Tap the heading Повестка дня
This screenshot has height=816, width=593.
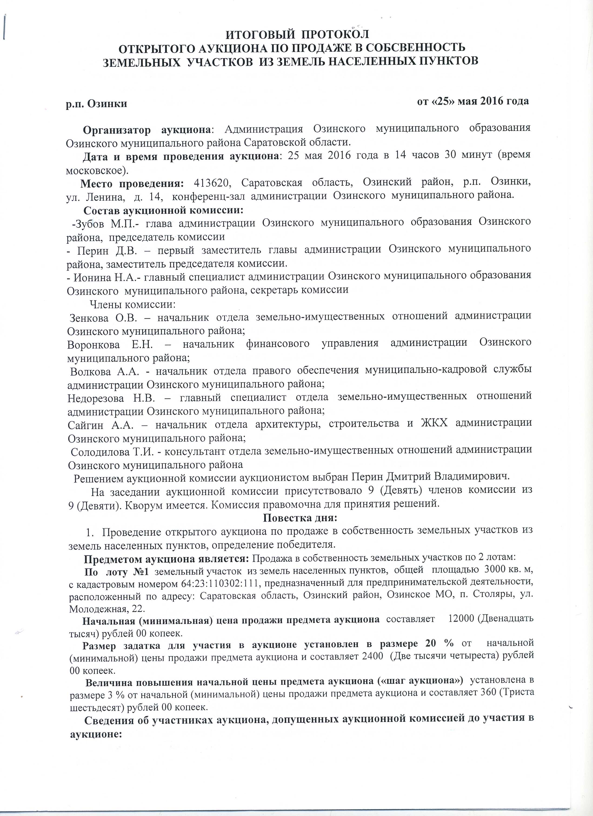click(300, 518)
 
